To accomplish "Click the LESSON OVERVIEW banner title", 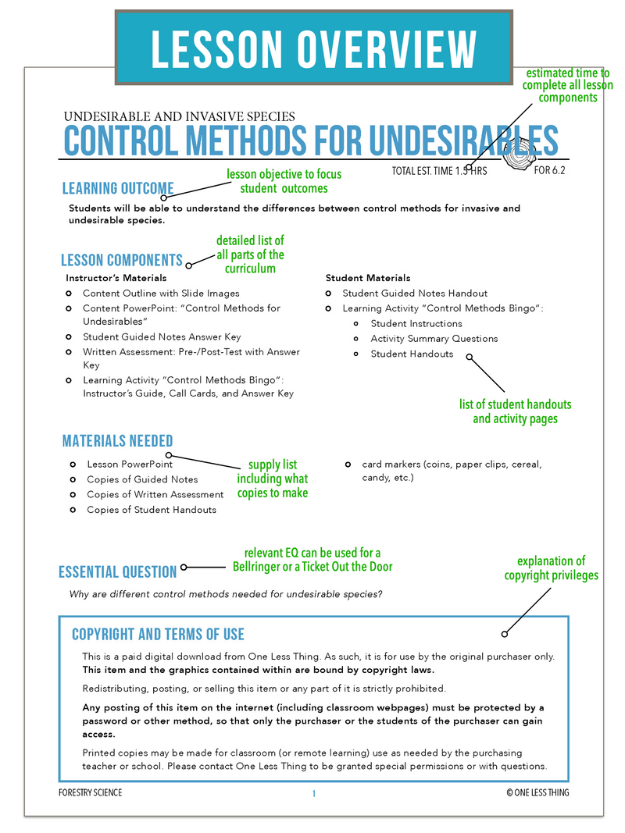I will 313,48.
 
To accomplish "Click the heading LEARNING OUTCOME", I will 118,188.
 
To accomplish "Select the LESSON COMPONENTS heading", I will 122,260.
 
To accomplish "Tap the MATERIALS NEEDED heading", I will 117,441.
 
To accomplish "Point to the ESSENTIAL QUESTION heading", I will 118,572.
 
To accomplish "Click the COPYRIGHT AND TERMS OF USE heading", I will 158,634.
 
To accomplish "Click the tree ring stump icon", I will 512,158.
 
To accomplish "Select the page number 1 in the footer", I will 313,793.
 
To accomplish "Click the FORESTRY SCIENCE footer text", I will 91,793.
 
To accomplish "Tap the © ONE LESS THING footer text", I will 537,793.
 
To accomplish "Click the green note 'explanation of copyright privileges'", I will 550,568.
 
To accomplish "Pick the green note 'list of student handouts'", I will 516,411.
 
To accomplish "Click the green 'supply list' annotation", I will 273,479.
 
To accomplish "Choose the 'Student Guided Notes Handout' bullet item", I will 415,294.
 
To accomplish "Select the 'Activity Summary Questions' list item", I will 434,339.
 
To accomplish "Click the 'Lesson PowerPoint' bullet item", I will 130,465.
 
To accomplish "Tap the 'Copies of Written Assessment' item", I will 155,494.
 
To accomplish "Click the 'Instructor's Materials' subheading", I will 116,278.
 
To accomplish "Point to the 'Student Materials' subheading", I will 368,278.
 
